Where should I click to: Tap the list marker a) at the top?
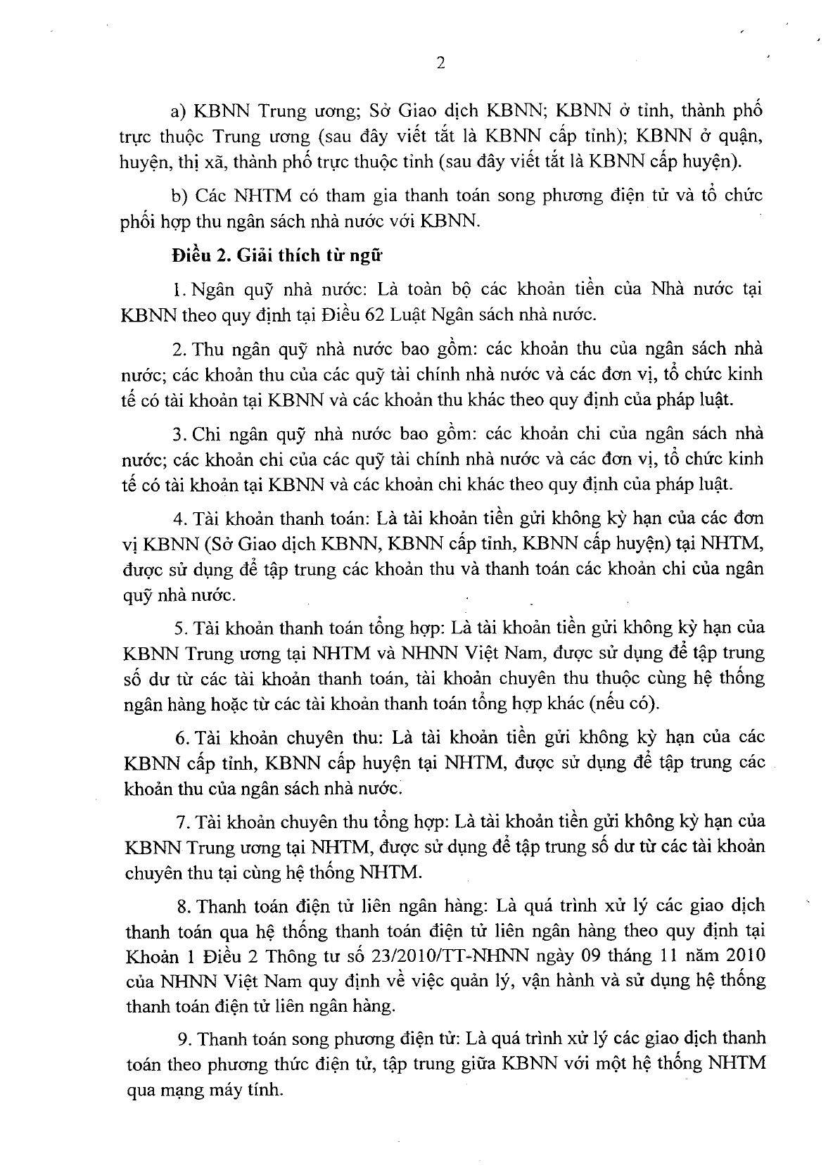tap(179, 110)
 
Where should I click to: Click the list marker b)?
tap(179, 195)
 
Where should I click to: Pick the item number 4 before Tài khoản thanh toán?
tap(178, 519)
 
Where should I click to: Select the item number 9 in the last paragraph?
tap(183, 1039)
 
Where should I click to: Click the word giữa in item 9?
tap(471, 1065)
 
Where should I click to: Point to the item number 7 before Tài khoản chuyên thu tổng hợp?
tap(179, 821)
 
